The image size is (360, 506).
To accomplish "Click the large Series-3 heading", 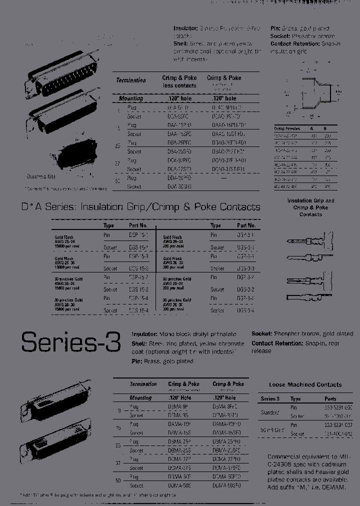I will click(x=70, y=342).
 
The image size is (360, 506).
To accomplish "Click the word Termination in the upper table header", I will click(x=131, y=80).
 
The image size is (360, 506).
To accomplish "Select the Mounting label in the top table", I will click(x=130, y=98).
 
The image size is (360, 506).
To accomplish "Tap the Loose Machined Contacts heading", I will click(x=305, y=384).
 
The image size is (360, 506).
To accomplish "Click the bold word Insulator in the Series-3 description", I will click(x=143, y=333).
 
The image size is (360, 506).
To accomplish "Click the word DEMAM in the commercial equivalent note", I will click(x=331, y=487).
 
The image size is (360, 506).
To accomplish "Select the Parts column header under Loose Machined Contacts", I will click(x=330, y=399).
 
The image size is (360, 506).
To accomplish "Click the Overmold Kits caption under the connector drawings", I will click(x=41, y=176).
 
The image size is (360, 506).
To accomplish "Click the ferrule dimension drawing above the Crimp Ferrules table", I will click(x=310, y=92).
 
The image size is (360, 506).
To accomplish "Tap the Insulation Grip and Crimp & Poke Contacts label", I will click(x=310, y=207).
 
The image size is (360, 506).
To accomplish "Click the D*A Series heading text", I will click(x=140, y=207).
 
